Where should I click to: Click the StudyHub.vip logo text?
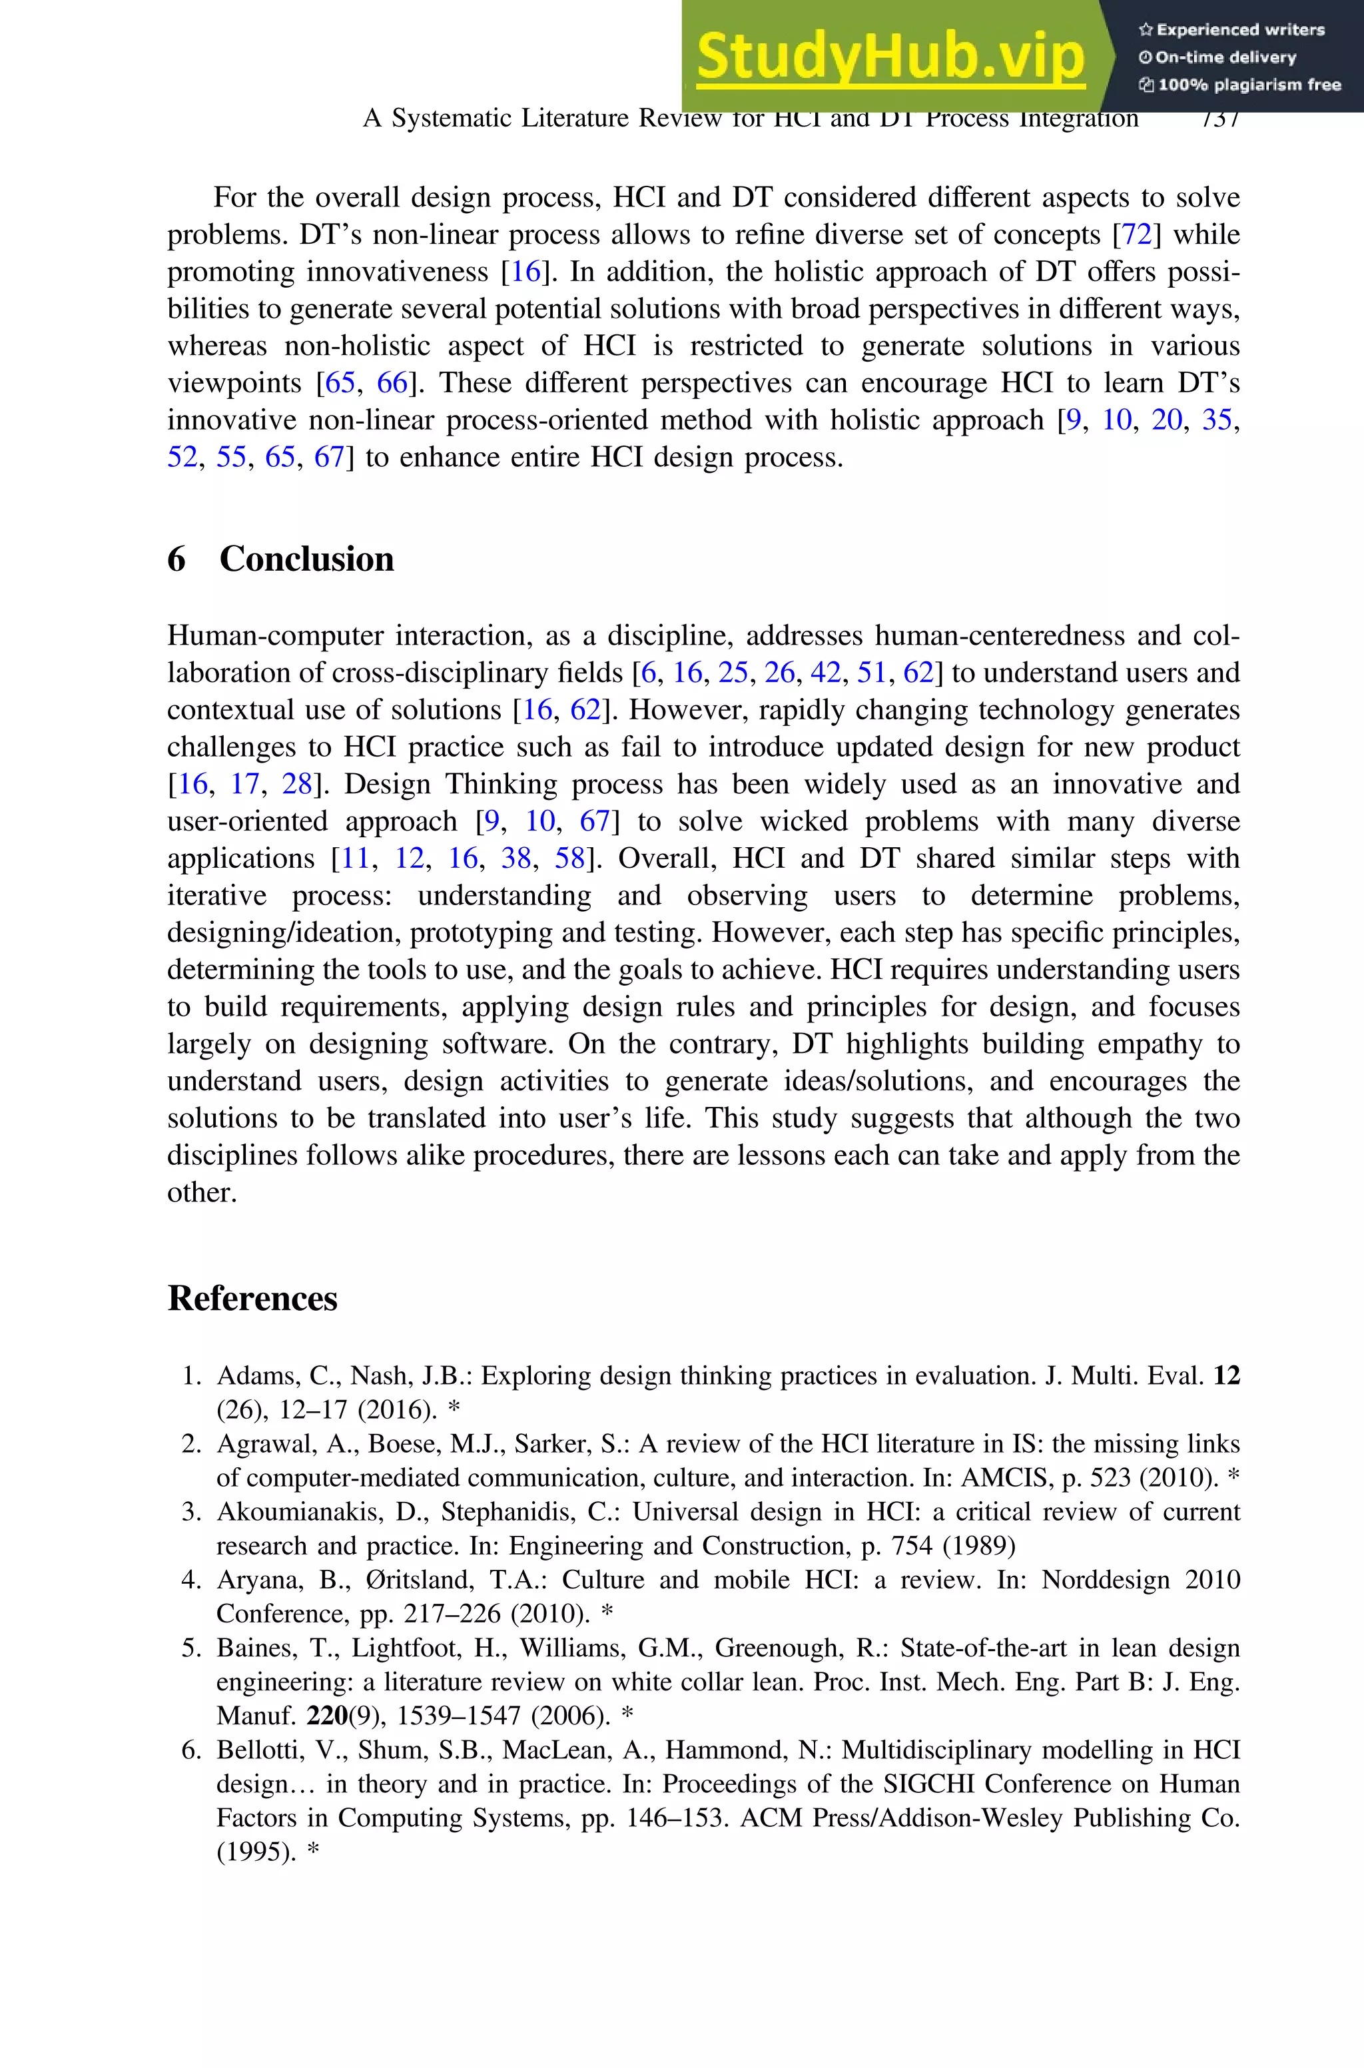(x=890, y=56)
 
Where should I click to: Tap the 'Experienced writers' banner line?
(x=1231, y=29)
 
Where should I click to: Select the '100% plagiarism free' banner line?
(x=1239, y=85)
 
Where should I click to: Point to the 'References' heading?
(x=252, y=1298)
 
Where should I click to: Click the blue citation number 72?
(x=1137, y=235)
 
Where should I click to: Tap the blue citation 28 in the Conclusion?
(x=296, y=785)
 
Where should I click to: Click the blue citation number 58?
(x=570, y=859)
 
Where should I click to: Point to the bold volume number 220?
(x=327, y=1716)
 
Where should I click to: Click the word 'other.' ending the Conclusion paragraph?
(x=202, y=1192)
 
